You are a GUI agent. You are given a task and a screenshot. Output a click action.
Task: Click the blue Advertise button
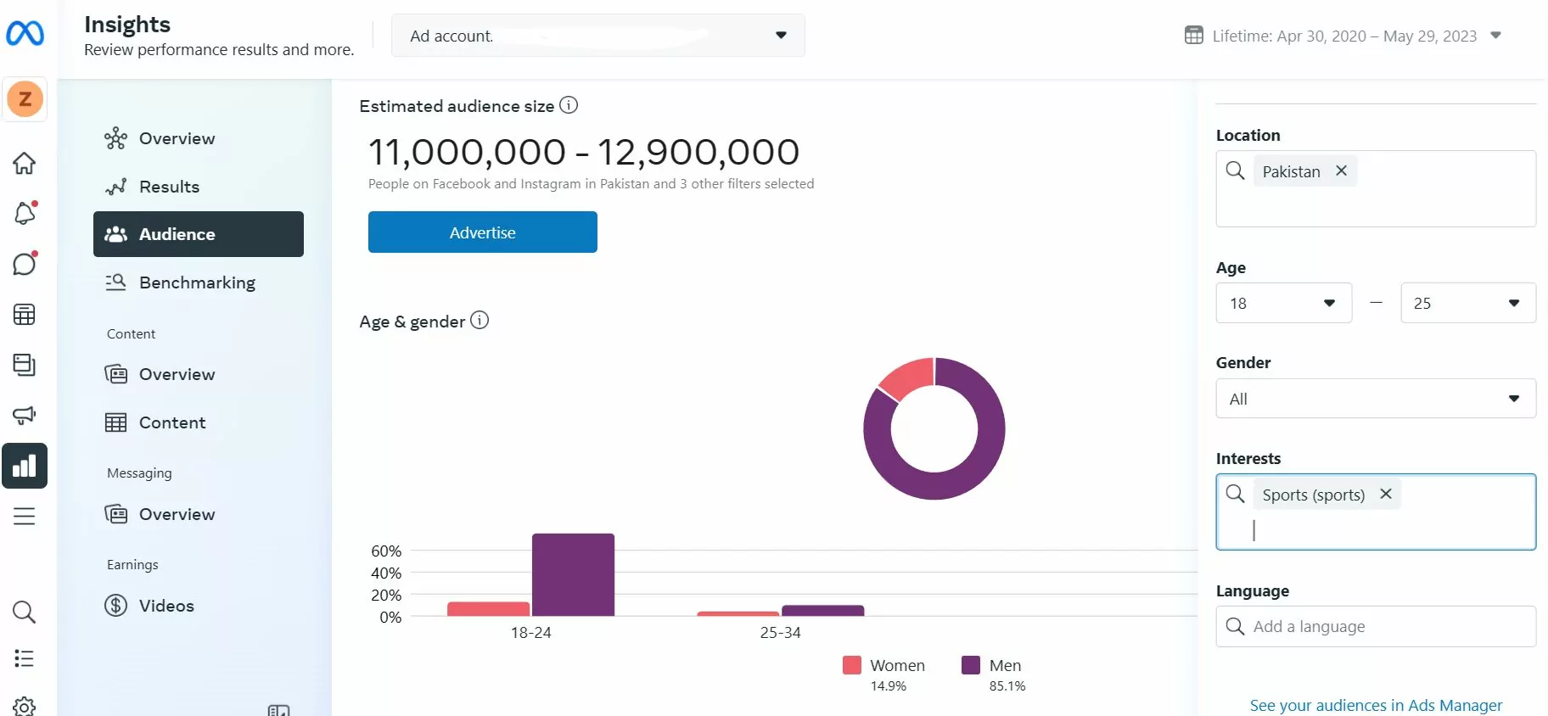[482, 232]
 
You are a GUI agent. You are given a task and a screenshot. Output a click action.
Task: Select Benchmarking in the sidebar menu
[197, 282]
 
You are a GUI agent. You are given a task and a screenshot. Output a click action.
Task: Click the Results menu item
[169, 187]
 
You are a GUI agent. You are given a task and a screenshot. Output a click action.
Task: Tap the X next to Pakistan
[1341, 171]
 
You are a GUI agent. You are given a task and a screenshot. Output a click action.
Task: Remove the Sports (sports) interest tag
[1386, 494]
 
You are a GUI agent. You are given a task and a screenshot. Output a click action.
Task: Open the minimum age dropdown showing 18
[1283, 303]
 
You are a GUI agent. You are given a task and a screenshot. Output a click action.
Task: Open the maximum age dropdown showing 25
[1467, 303]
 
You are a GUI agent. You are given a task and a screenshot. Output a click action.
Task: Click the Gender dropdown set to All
[1375, 399]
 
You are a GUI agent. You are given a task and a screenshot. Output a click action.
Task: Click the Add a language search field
[1383, 626]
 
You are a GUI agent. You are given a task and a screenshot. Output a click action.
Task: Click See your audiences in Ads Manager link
[1376, 705]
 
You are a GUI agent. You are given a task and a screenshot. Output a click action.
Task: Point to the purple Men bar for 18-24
[573, 574]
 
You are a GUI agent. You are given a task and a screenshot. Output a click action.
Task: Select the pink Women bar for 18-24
[488, 608]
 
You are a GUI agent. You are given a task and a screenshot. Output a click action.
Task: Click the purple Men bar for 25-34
[822, 610]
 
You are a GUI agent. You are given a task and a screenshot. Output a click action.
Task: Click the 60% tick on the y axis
[386, 551]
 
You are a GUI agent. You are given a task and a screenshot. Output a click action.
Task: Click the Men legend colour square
[970, 665]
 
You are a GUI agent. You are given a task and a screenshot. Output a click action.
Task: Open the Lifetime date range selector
[1343, 36]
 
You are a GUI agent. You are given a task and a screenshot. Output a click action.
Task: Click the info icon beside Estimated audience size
[569, 105]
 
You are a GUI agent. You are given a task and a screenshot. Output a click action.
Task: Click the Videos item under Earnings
[166, 606]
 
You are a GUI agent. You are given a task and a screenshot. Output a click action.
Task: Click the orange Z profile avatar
[25, 99]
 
